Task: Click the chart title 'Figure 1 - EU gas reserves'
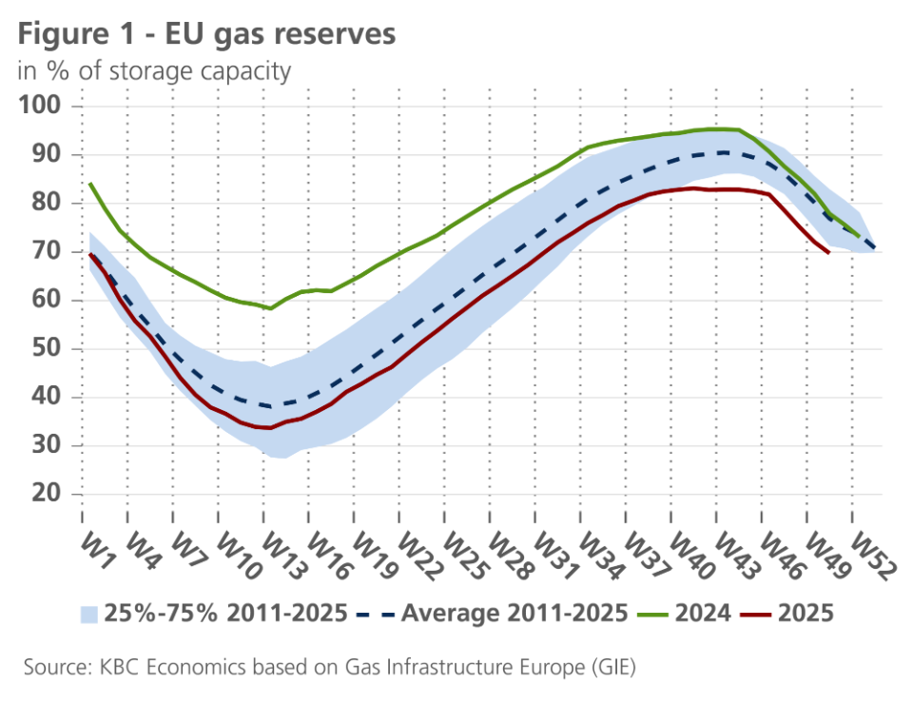(205, 34)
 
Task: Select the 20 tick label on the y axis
(49, 494)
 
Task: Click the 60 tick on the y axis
(49, 300)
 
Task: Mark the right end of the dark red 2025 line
(829, 252)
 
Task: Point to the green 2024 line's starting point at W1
(90, 184)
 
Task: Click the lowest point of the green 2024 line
(271, 308)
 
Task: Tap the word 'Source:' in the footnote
(53, 668)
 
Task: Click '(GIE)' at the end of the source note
(610, 668)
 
